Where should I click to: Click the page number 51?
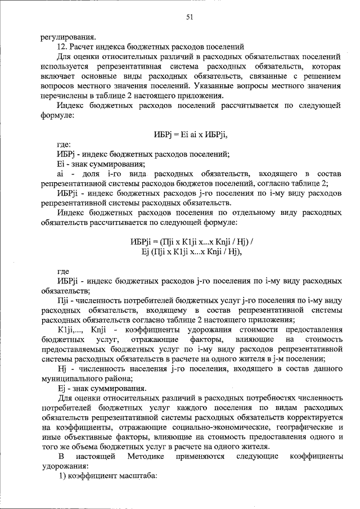[x=190, y=17]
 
